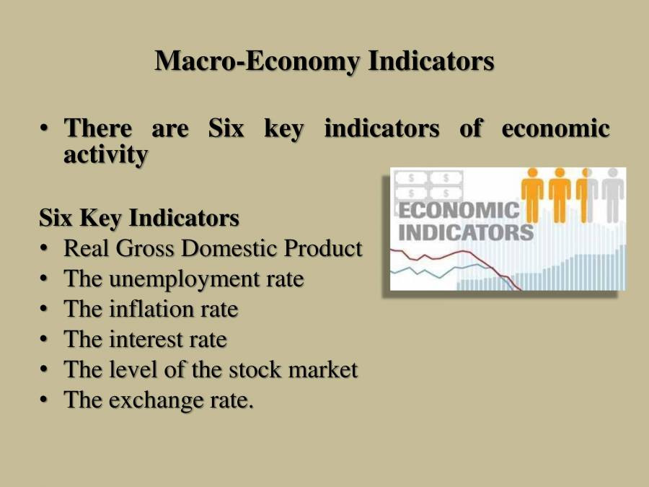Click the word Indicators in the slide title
coord(431,61)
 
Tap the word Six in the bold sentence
coord(226,129)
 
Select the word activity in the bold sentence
coord(106,154)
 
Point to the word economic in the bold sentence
coord(555,129)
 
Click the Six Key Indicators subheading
coord(139,217)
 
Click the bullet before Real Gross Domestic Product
coord(45,248)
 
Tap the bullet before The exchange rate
coord(45,400)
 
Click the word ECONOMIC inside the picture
coord(459,211)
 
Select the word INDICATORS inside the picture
coord(466,232)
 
